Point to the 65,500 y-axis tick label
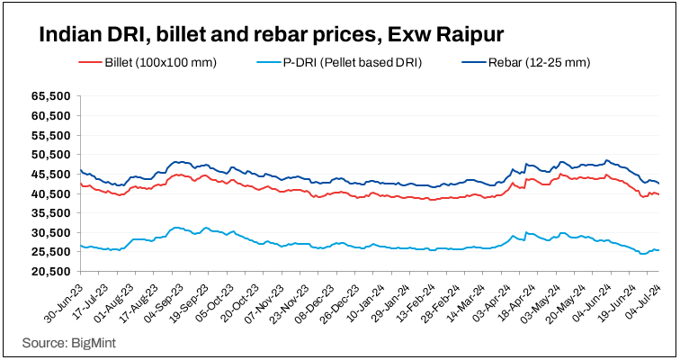click(x=49, y=95)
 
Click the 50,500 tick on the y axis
click(x=49, y=154)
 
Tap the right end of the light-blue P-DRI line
click(x=658, y=250)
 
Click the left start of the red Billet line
click(x=81, y=184)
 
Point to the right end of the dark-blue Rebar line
click(x=658, y=184)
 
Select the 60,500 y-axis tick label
click(x=49, y=115)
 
